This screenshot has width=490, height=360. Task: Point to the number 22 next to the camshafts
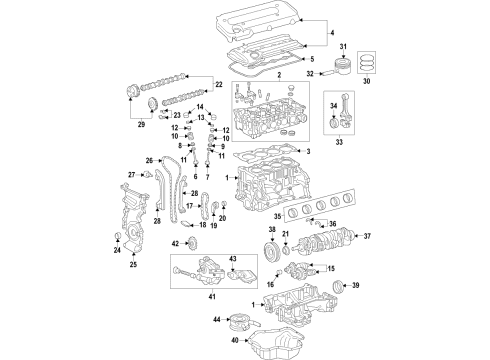[219, 85]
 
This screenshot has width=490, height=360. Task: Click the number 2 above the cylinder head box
[278, 75]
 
